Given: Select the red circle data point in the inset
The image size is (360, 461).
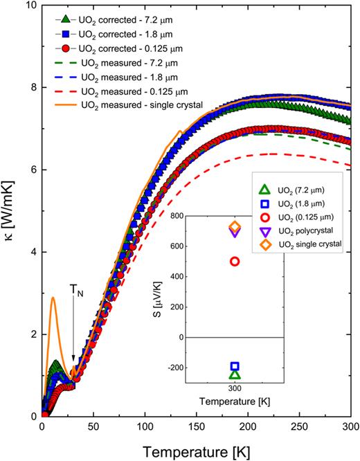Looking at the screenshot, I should [x=235, y=262].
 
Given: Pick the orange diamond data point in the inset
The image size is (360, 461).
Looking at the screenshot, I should [x=235, y=226].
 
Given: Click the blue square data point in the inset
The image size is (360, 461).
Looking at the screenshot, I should [x=235, y=366].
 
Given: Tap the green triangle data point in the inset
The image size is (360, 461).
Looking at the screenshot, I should [x=235, y=374].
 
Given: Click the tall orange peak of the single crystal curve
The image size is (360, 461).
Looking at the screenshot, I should [x=53, y=298].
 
